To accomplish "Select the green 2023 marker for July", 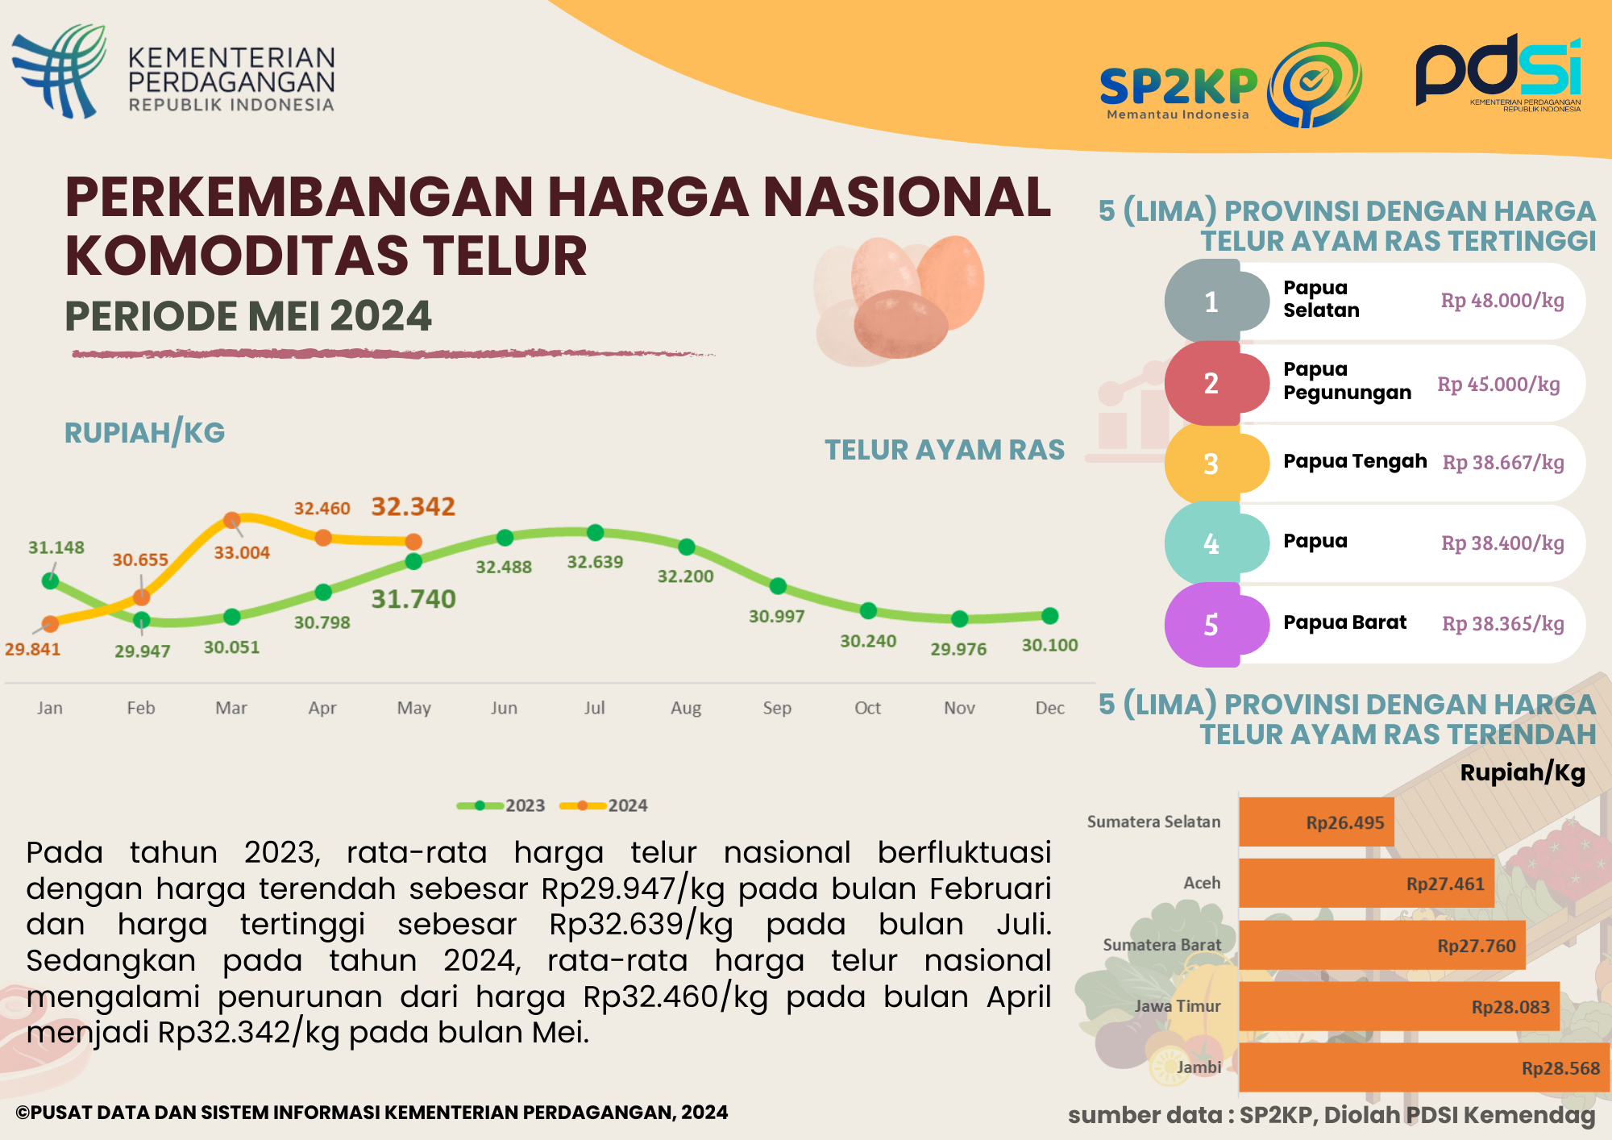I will pyautogui.click(x=595, y=532).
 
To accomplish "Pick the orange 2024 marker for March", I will pyautogui.click(x=231, y=520).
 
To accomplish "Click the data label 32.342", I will pyautogui.click(x=413, y=506).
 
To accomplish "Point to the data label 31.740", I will pyautogui.click(x=413, y=599).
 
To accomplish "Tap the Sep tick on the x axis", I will pyautogui.click(x=777, y=708).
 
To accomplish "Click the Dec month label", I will pyautogui.click(x=1049, y=708).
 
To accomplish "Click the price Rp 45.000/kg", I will pyautogui.click(x=1498, y=384).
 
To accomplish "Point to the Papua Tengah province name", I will pyautogui.click(x=1354, y=461).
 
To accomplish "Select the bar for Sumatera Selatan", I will pyautogui.click(x=1315, y=822).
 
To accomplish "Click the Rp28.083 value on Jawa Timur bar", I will pyautogui.click(x=1510, y=1007).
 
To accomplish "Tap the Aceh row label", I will pyautogui.click(x=1201, y=883).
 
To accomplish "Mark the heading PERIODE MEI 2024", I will pyautogui.click(x=248, y=315).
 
